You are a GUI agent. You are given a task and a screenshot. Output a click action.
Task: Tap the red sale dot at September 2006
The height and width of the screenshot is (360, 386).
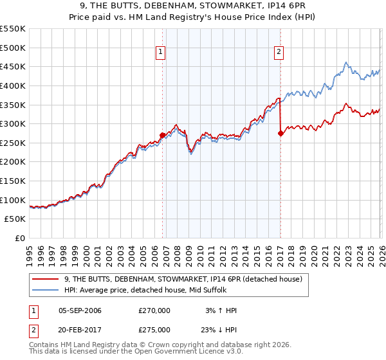[x=162, y=135]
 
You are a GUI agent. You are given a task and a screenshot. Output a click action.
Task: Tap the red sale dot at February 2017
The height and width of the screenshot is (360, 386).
[x=280, y=134]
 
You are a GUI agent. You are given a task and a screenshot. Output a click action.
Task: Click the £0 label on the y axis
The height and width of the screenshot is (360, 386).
[x=20, y=239]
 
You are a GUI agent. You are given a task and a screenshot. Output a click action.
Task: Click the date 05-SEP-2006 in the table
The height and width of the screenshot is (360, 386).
[x=80, y=310]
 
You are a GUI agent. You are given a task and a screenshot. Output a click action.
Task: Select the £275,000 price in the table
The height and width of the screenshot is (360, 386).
[x=154, y=329]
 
